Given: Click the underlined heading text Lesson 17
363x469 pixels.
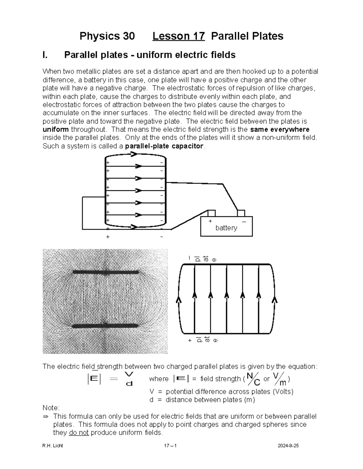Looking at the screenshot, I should [178, 36].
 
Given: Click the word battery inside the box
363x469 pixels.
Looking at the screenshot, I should [226, 228].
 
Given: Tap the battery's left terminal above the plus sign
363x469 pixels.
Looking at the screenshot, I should [211, 213].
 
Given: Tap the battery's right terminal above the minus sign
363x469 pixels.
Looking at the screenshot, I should [241, 213].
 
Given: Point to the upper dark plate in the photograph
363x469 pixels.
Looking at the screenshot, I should [106, 272].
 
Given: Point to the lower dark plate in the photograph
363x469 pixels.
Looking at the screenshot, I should [106, 326].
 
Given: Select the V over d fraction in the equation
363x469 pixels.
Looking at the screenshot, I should [129, 379].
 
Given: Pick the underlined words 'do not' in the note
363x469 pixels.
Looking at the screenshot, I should [79, 433].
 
